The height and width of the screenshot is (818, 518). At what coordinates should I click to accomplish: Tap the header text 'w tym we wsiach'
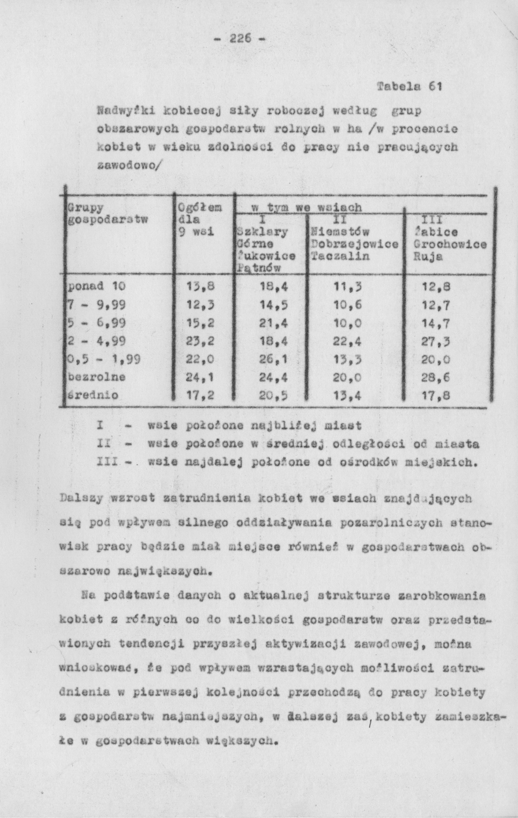point(306,207)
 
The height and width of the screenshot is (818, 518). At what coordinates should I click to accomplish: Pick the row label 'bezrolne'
point(97,377)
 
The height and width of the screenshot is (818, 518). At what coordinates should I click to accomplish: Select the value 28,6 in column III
point(436,377)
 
